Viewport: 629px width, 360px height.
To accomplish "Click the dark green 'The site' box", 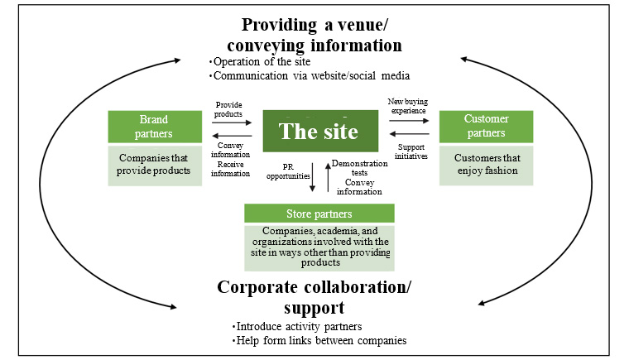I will coord(318,132).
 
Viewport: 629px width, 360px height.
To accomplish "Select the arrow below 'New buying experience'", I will coord(409,120).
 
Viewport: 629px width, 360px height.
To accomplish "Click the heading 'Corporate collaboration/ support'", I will coord(314,296).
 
